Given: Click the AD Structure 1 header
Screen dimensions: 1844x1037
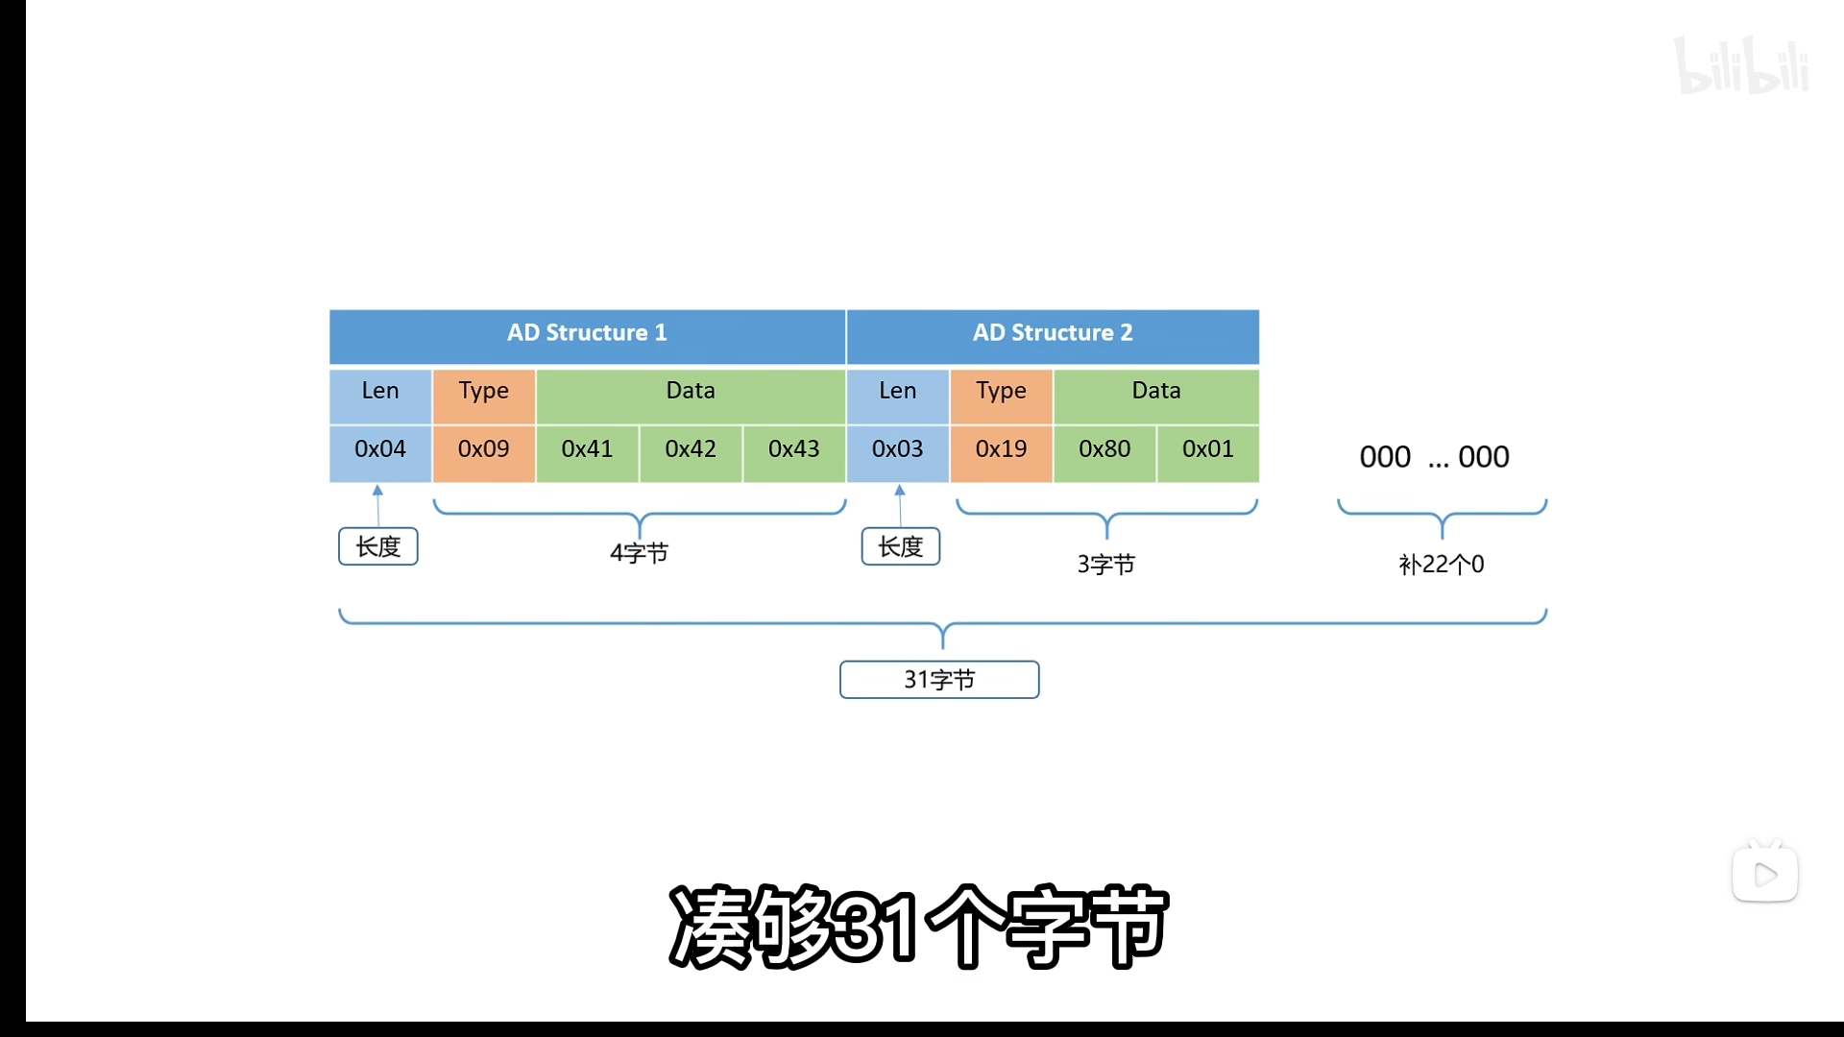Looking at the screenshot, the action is point(587,334).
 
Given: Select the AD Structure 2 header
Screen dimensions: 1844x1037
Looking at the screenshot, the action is point(1053,334).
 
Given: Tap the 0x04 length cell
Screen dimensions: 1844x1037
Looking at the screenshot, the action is point(380,450).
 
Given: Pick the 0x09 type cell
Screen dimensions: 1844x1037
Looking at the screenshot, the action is point(484,450).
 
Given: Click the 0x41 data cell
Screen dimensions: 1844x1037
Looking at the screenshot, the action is point(587,450).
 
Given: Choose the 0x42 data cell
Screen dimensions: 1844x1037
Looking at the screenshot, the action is point(691,450).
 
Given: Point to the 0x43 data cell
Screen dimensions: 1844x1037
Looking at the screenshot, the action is point(794,450).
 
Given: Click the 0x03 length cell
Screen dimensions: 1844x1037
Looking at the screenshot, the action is point(898,450).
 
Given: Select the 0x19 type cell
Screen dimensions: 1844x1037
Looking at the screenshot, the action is point(1002,450).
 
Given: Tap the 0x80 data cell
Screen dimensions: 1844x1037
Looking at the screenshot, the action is point(1104,450).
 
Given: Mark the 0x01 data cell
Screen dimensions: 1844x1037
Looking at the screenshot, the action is point(1208,450).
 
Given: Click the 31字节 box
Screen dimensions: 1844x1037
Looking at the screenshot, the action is point(939,680).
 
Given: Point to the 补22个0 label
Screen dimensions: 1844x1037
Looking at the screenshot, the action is point(1442,565).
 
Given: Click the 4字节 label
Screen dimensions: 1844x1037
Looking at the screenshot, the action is point(640,553).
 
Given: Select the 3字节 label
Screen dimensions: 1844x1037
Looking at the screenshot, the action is point(1106,565).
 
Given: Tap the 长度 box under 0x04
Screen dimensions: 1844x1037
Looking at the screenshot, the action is point(378,546).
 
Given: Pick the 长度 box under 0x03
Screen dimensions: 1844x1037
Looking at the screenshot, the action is point(901,546).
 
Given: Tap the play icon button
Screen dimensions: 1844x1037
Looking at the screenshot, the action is point(1765,874).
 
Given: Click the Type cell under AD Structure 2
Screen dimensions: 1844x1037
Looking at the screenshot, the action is point(1002,392).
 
